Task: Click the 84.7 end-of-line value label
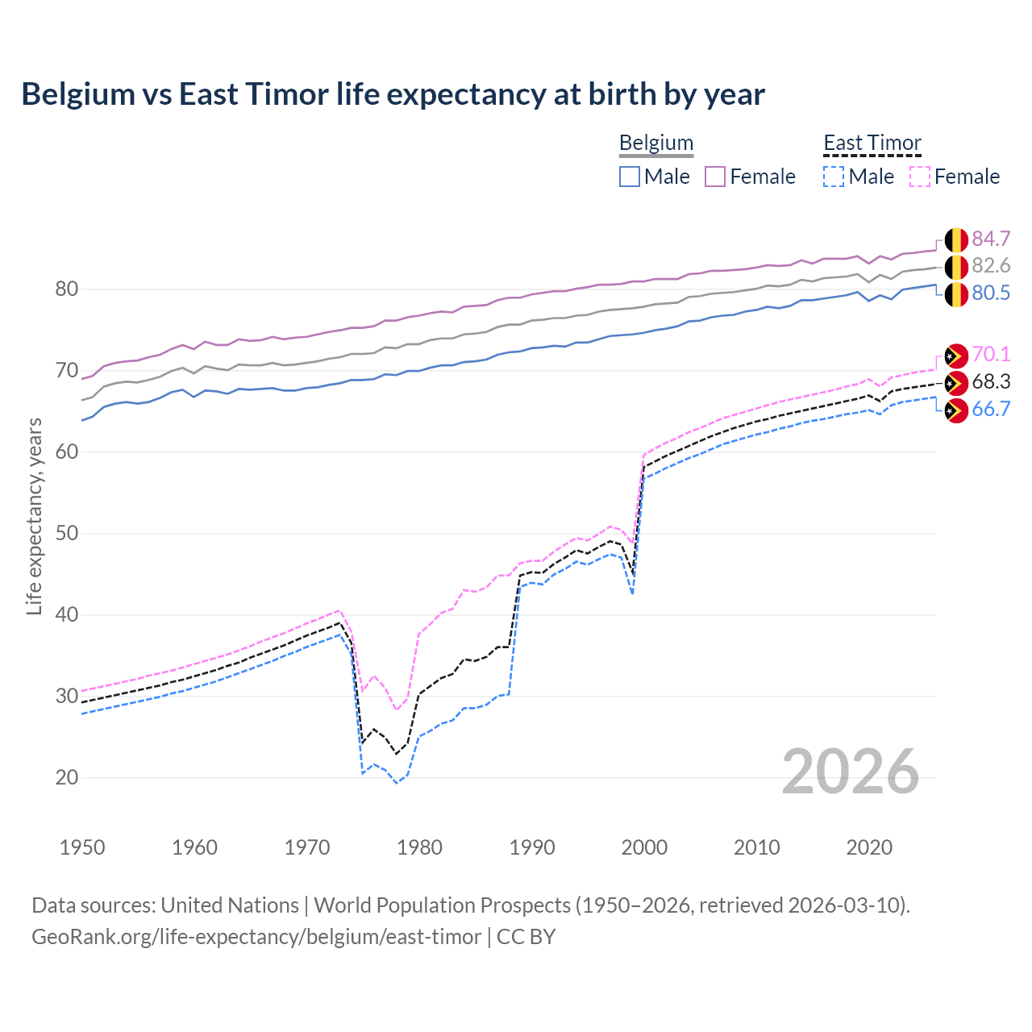click(991, 239)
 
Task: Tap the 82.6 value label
click(991, 266)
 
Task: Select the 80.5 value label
click(991, 293)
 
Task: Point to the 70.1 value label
click(991, 354)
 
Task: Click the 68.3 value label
click(991, 381)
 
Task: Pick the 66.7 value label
click(991, 409)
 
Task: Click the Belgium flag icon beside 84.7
click(956, 240)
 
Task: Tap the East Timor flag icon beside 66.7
click(956, 410)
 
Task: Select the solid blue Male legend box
click(630, 177)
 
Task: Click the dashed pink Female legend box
click(920, 177)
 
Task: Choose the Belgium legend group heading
click(655, 143)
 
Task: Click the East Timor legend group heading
click(872, 143)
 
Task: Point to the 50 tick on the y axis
click(67, 533)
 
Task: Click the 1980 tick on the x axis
click(420, 847)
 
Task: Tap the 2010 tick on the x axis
click(756, 847)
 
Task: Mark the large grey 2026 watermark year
click(850, 772)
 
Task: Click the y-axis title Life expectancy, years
click(34, 516)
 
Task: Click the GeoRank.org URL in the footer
click(256, 937)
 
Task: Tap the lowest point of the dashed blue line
click(397, 783)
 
